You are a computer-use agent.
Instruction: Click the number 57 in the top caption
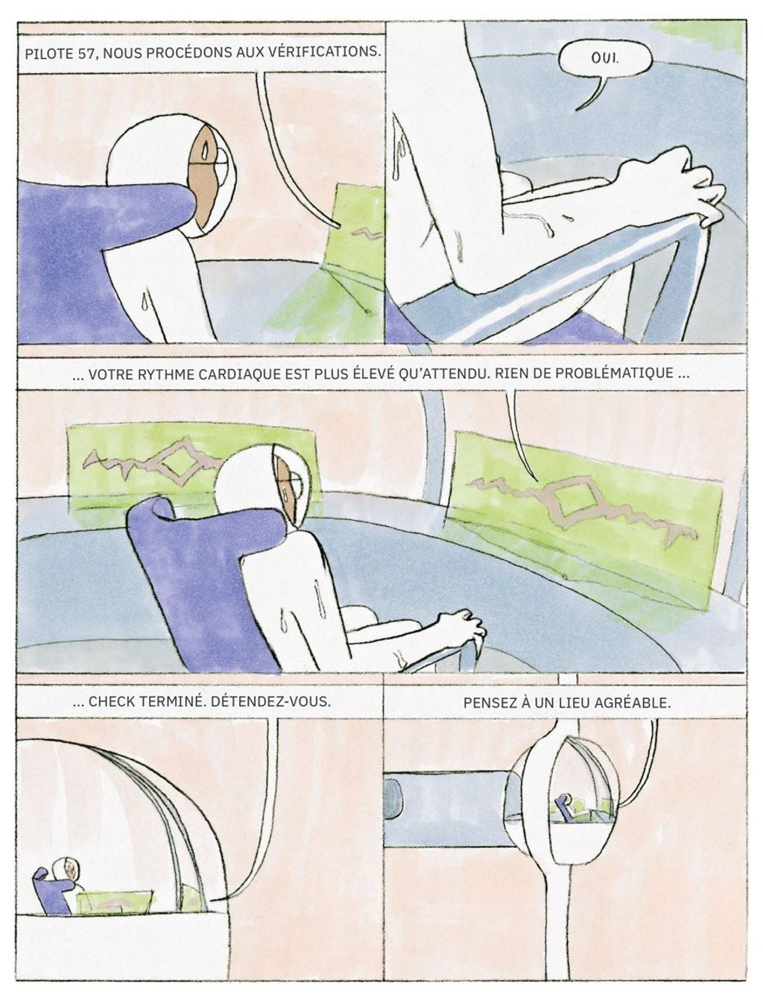click(x=87, y=54)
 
